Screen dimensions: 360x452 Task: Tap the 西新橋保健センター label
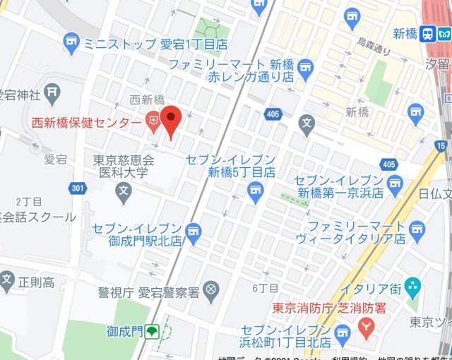[x=86, y=123]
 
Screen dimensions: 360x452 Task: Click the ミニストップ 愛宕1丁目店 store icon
[x=71, y=44]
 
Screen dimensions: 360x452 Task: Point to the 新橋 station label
[x=405, y=34]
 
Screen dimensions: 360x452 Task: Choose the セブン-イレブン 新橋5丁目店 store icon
[x=256, y=189]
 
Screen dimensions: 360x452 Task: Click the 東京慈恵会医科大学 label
[x=124, y=166]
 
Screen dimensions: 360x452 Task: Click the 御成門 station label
[x=124, y=330]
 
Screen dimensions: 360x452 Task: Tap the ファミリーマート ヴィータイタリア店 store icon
[x=417, y=228]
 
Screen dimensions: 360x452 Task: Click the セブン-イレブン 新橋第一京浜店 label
[x=338, y=186]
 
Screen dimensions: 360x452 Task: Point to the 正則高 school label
[x=36, y=283]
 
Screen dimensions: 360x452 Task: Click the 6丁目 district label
[x=266, y=288]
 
